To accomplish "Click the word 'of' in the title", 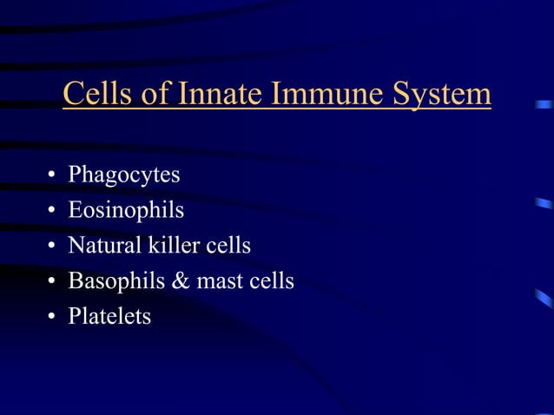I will pos(155,94).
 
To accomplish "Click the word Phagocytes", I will pos(124,175).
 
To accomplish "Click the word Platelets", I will pos(109,317).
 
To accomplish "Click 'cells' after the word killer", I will pos(228,246).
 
